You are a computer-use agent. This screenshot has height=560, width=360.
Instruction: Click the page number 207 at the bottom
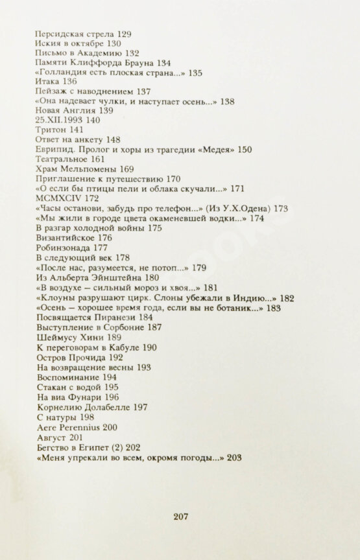coord(181,516)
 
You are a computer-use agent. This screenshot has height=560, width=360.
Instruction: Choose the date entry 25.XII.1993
coord(59,121)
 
